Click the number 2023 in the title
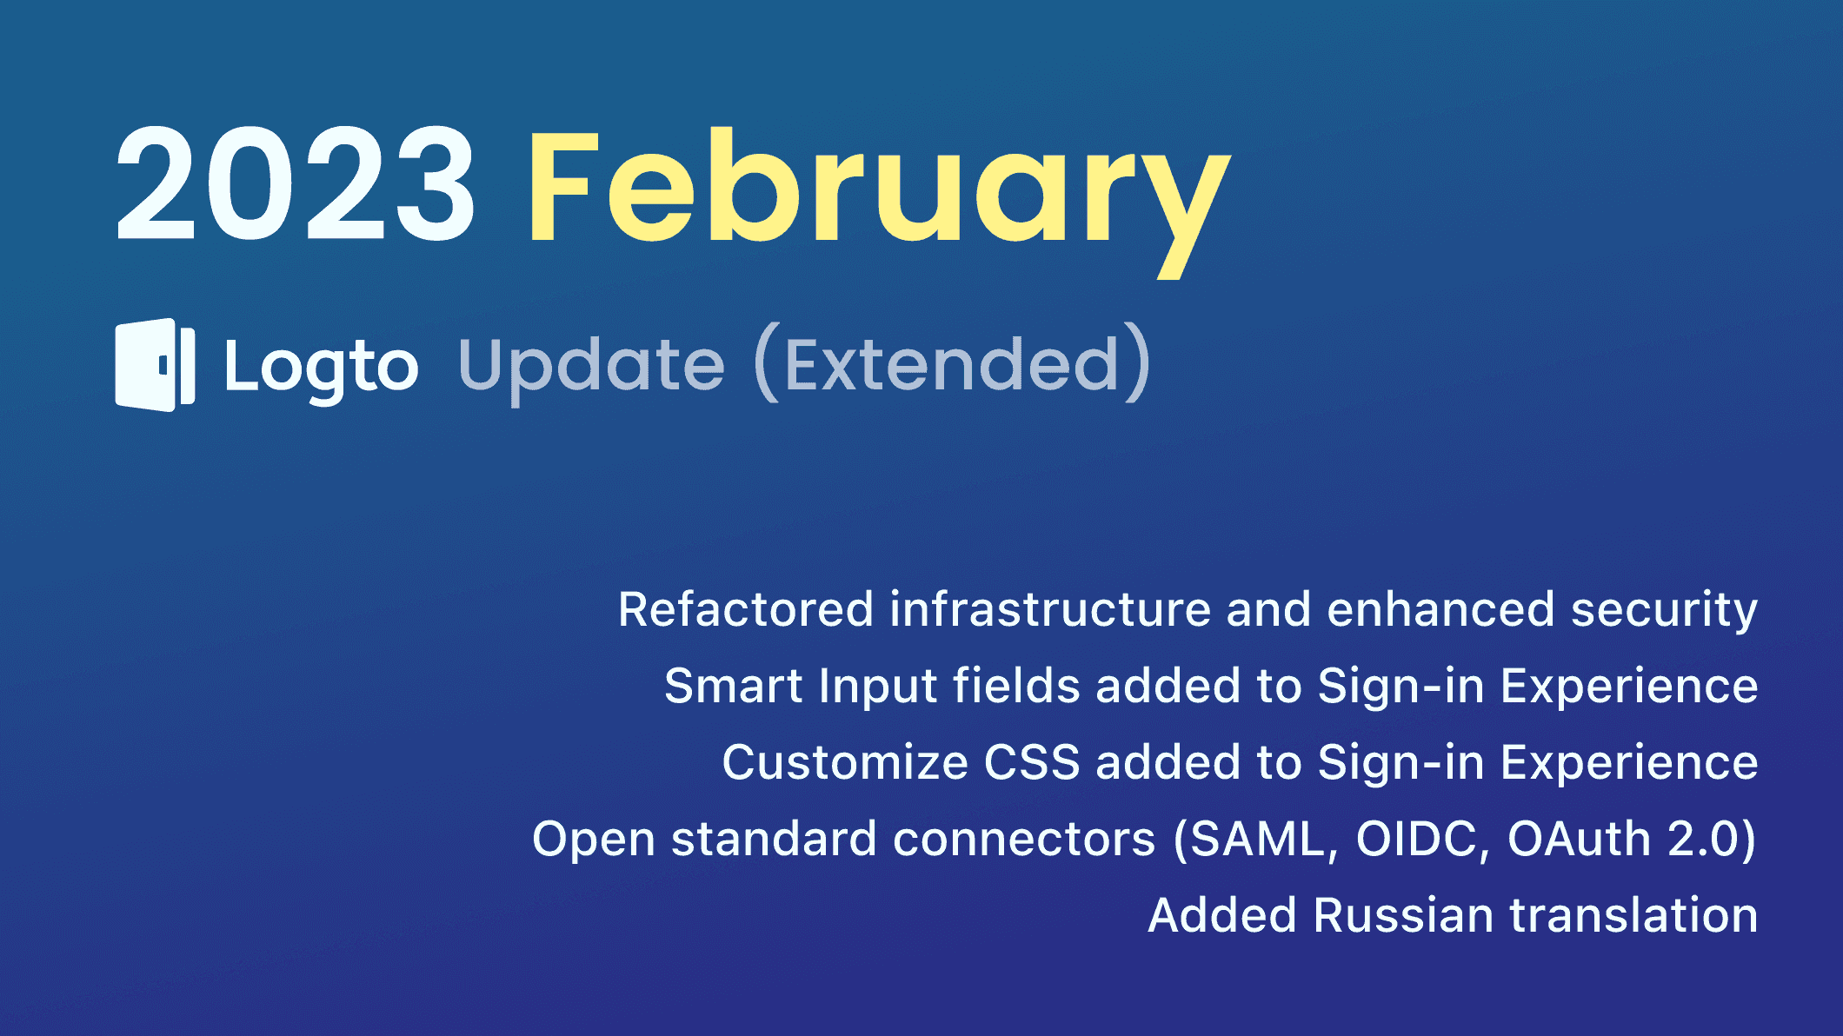[296, 183]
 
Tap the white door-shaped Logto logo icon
[155, 365]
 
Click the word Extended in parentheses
[953, 365]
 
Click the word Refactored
[745, 609]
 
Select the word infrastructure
[1049, 609]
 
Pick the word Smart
[733, 686]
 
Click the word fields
[1016, 686]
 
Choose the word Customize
[844, 762]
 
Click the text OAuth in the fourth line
[1579, 840]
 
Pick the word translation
[1633, 915]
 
